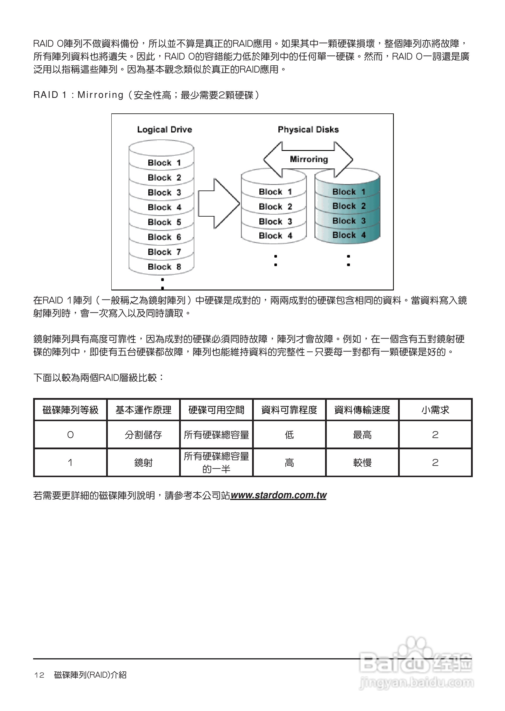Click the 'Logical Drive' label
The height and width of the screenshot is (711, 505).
[x=164, y=129]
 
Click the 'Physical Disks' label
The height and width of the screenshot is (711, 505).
[x=308, y=129]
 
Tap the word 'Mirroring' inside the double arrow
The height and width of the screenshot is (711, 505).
[x=309, y=159]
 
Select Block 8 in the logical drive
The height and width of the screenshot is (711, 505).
[x=164, y=267]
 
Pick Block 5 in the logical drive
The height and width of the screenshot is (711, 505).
[x=164, y=222]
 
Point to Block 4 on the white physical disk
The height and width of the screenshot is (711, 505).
[x=275, y=236]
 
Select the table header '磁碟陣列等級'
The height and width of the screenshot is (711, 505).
[x=70, y=410]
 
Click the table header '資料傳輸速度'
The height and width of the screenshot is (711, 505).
[x=362, y=410]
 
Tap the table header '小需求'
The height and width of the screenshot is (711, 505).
[x=435, y=410]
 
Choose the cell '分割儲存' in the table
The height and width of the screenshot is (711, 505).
[x=143, y=434]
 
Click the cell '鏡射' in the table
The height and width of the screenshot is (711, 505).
[x=143, y=462]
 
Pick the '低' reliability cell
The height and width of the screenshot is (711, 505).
[x=289, y=434]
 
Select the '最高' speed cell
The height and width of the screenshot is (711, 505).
[x=362, y=434]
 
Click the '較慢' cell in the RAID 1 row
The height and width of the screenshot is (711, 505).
[x=362, y=462]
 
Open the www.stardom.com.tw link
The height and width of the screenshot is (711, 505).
[x=278, y=495]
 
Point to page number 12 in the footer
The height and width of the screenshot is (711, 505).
[x=39, y=675]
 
